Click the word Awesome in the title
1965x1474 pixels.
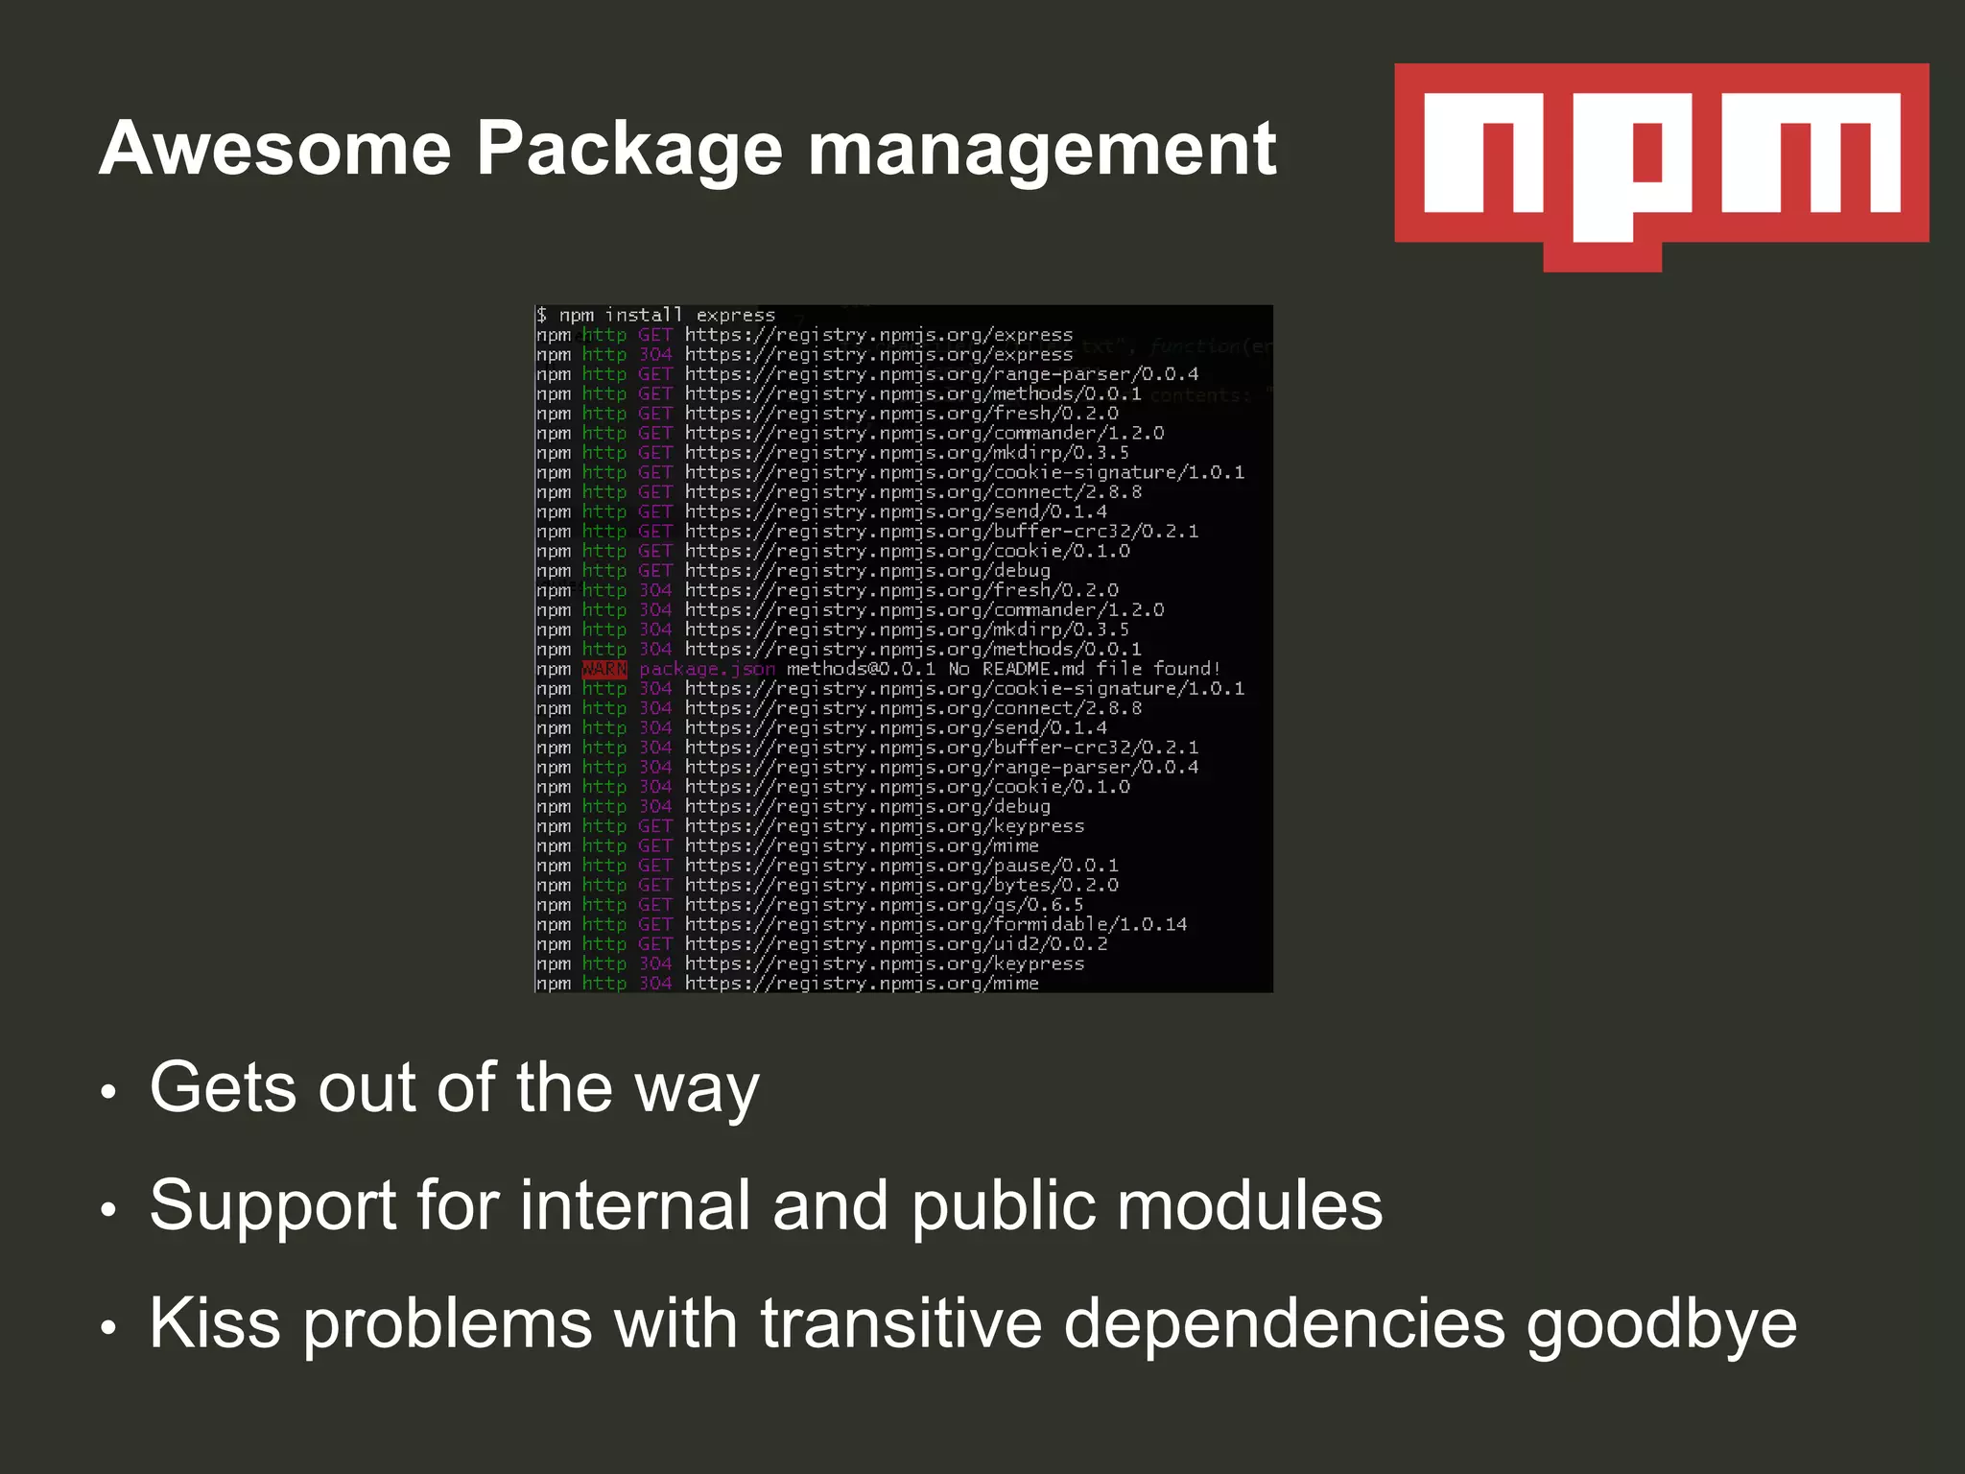click(x=275, y=149)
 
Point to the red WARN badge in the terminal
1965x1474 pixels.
click(x=604, y=669)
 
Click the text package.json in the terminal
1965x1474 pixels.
click(x=707, y=669)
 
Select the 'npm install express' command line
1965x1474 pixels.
click(x=656, y=315)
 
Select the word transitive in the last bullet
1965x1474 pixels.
click(x=901, y=1323)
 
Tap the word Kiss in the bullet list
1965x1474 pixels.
click(x=215, y=1323)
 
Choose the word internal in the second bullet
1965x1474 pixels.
click(x=634, y=1205)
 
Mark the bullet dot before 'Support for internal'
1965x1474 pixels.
click(x=108, y=1210)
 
